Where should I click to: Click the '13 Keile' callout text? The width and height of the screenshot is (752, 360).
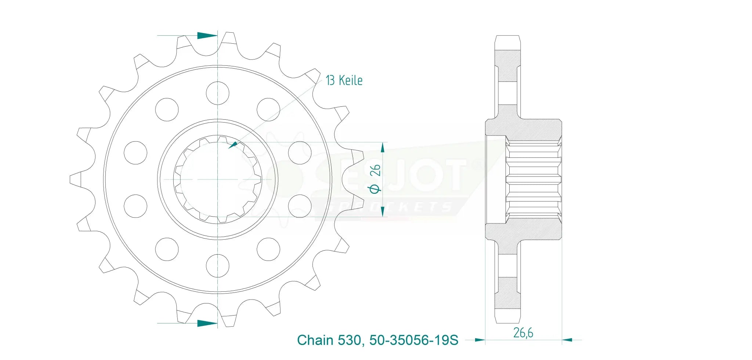tap(344, 80)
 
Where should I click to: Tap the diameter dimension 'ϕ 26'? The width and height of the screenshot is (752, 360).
tap(375, 179)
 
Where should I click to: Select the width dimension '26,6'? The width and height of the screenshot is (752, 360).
tap(523, 332)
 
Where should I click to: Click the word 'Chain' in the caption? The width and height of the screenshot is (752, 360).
tap(315, 340)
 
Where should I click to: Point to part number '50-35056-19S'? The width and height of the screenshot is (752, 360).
tap(414, 340)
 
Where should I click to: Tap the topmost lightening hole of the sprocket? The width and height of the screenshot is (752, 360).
tap(218, 93)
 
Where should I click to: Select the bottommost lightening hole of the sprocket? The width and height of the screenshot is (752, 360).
tap(218, 266)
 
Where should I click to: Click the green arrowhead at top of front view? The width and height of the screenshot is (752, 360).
tap(207, 36)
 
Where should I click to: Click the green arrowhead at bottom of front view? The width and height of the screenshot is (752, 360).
tap(207, 323)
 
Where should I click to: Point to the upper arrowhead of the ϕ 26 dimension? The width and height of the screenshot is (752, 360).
tap(383, 148)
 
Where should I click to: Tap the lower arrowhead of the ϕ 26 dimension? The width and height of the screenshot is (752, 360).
tap(383, 211)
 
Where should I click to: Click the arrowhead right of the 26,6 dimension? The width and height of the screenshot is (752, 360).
tap(567, 340)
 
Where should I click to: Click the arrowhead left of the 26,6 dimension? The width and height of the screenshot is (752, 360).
tap(480, 340)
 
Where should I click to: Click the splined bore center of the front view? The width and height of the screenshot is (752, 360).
tap(218, 179)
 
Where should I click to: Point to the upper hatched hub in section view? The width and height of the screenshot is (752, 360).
tap(523, 130)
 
